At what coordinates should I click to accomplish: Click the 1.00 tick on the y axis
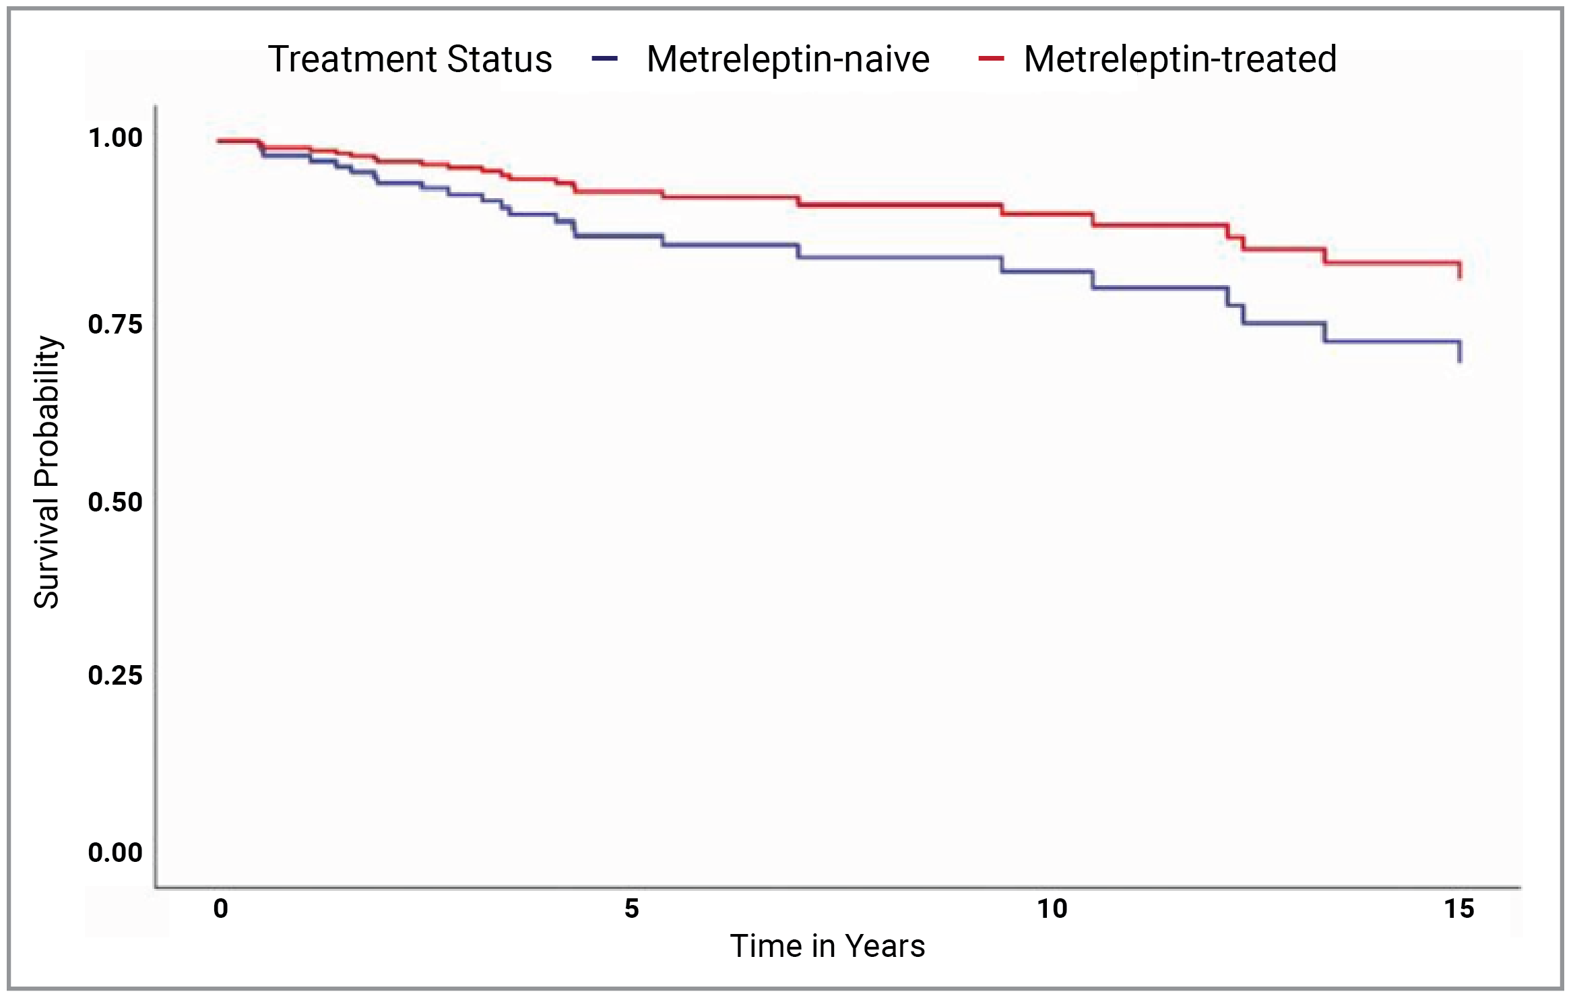tap(115, 137)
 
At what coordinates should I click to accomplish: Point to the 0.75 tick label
tap(115, 324)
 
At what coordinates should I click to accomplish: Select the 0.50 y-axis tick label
tap(115, 502)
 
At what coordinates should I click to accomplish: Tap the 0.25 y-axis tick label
tap(115, 675)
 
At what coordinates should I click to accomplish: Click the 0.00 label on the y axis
tap(115, 852)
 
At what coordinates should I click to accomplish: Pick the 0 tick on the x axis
tap(220, 909)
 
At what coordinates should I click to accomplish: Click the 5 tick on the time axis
tap(631, 909)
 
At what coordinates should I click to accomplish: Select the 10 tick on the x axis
tap(1052, 909)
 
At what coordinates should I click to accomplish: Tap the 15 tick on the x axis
tap(1459, 909)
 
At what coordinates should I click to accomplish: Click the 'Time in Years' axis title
tap(827, 946)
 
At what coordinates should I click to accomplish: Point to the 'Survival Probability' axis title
tap(47, 472)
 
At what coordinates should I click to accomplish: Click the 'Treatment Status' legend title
tap(410, 59)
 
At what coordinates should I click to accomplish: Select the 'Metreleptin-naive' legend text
tap(788, 59)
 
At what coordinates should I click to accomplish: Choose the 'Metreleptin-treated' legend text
tap(1180, 59)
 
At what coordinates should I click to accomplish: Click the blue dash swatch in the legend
tap(604, 59)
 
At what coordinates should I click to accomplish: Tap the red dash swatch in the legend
tap(991, 59)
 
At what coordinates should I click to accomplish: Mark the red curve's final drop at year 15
tap(1459, 271)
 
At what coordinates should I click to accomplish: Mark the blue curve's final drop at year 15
tap(1459, 352)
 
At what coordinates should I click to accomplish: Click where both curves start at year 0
tap(220, 141)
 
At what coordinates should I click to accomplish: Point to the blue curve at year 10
tap(1052, 272)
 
